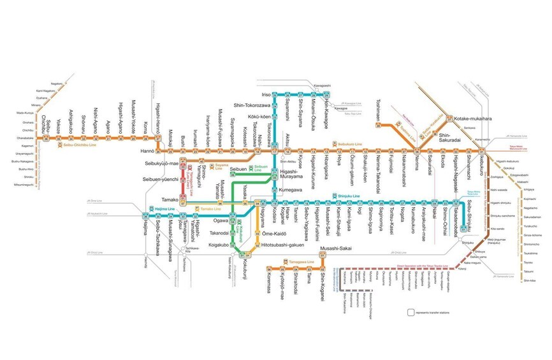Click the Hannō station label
click(148, 151)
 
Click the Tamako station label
click(169, 199)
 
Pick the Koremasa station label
click(270, 285)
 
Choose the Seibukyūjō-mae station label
click(161, 164)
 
